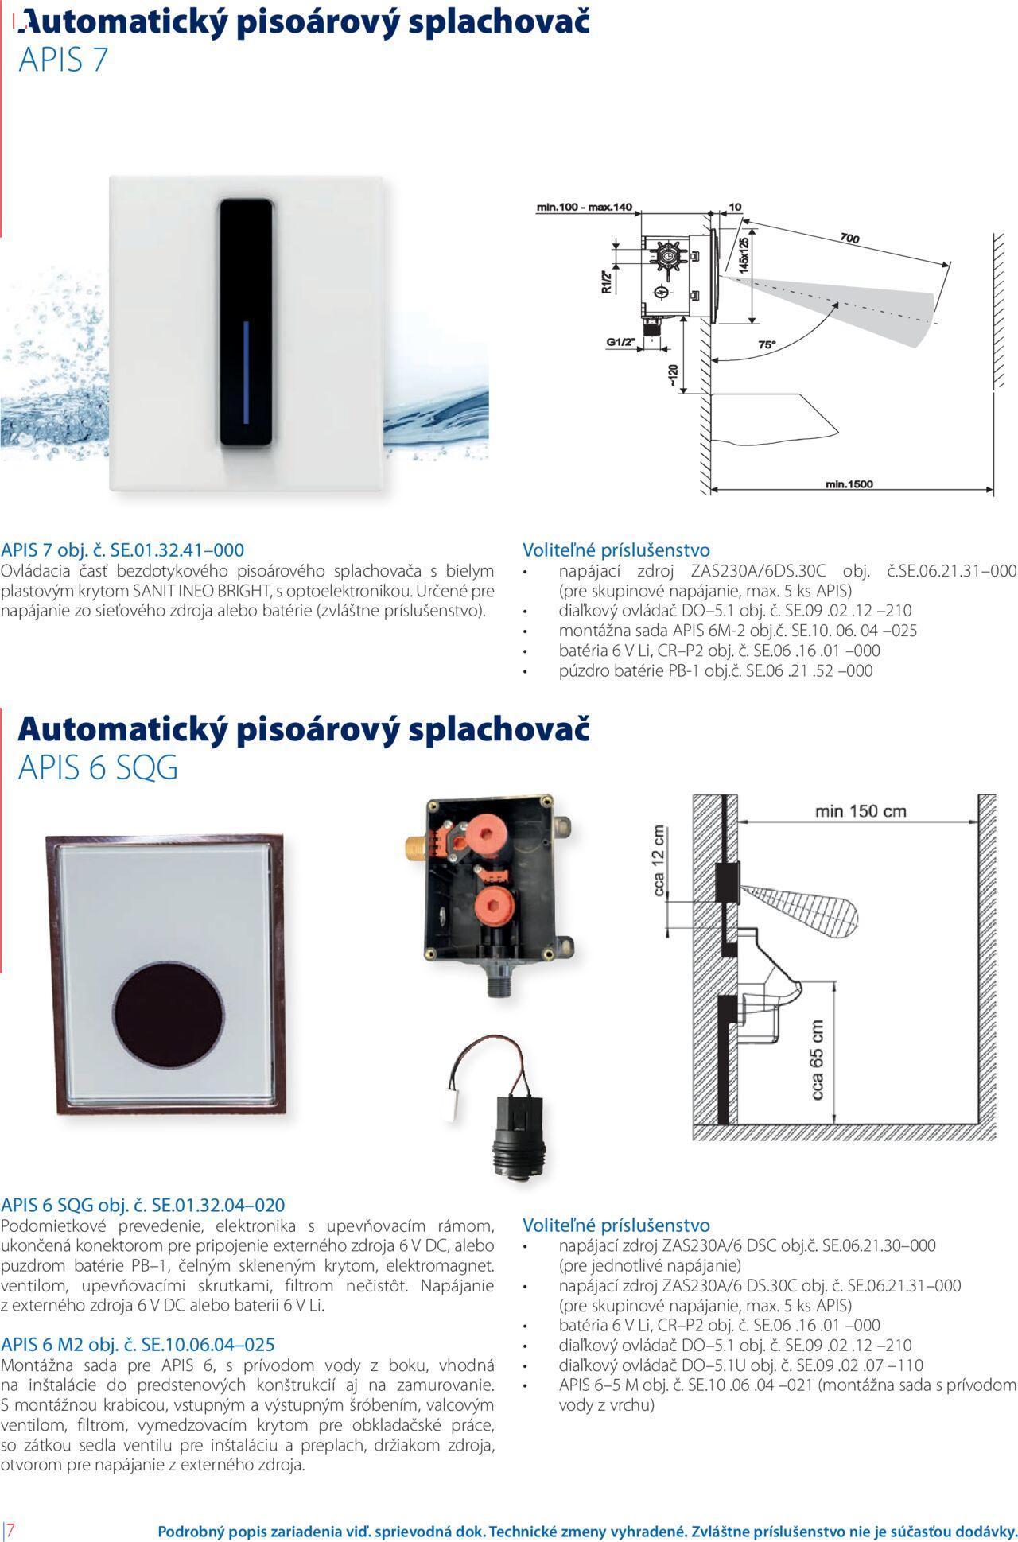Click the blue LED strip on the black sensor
246,372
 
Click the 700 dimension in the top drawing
849,238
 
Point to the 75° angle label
766,344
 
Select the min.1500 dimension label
849,484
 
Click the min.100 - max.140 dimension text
584,208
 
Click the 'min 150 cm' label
861,811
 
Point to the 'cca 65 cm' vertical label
818,1061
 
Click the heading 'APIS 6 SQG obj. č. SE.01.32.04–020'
143,1205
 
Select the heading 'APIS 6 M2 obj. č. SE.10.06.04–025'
138,1344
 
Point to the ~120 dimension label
673,377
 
